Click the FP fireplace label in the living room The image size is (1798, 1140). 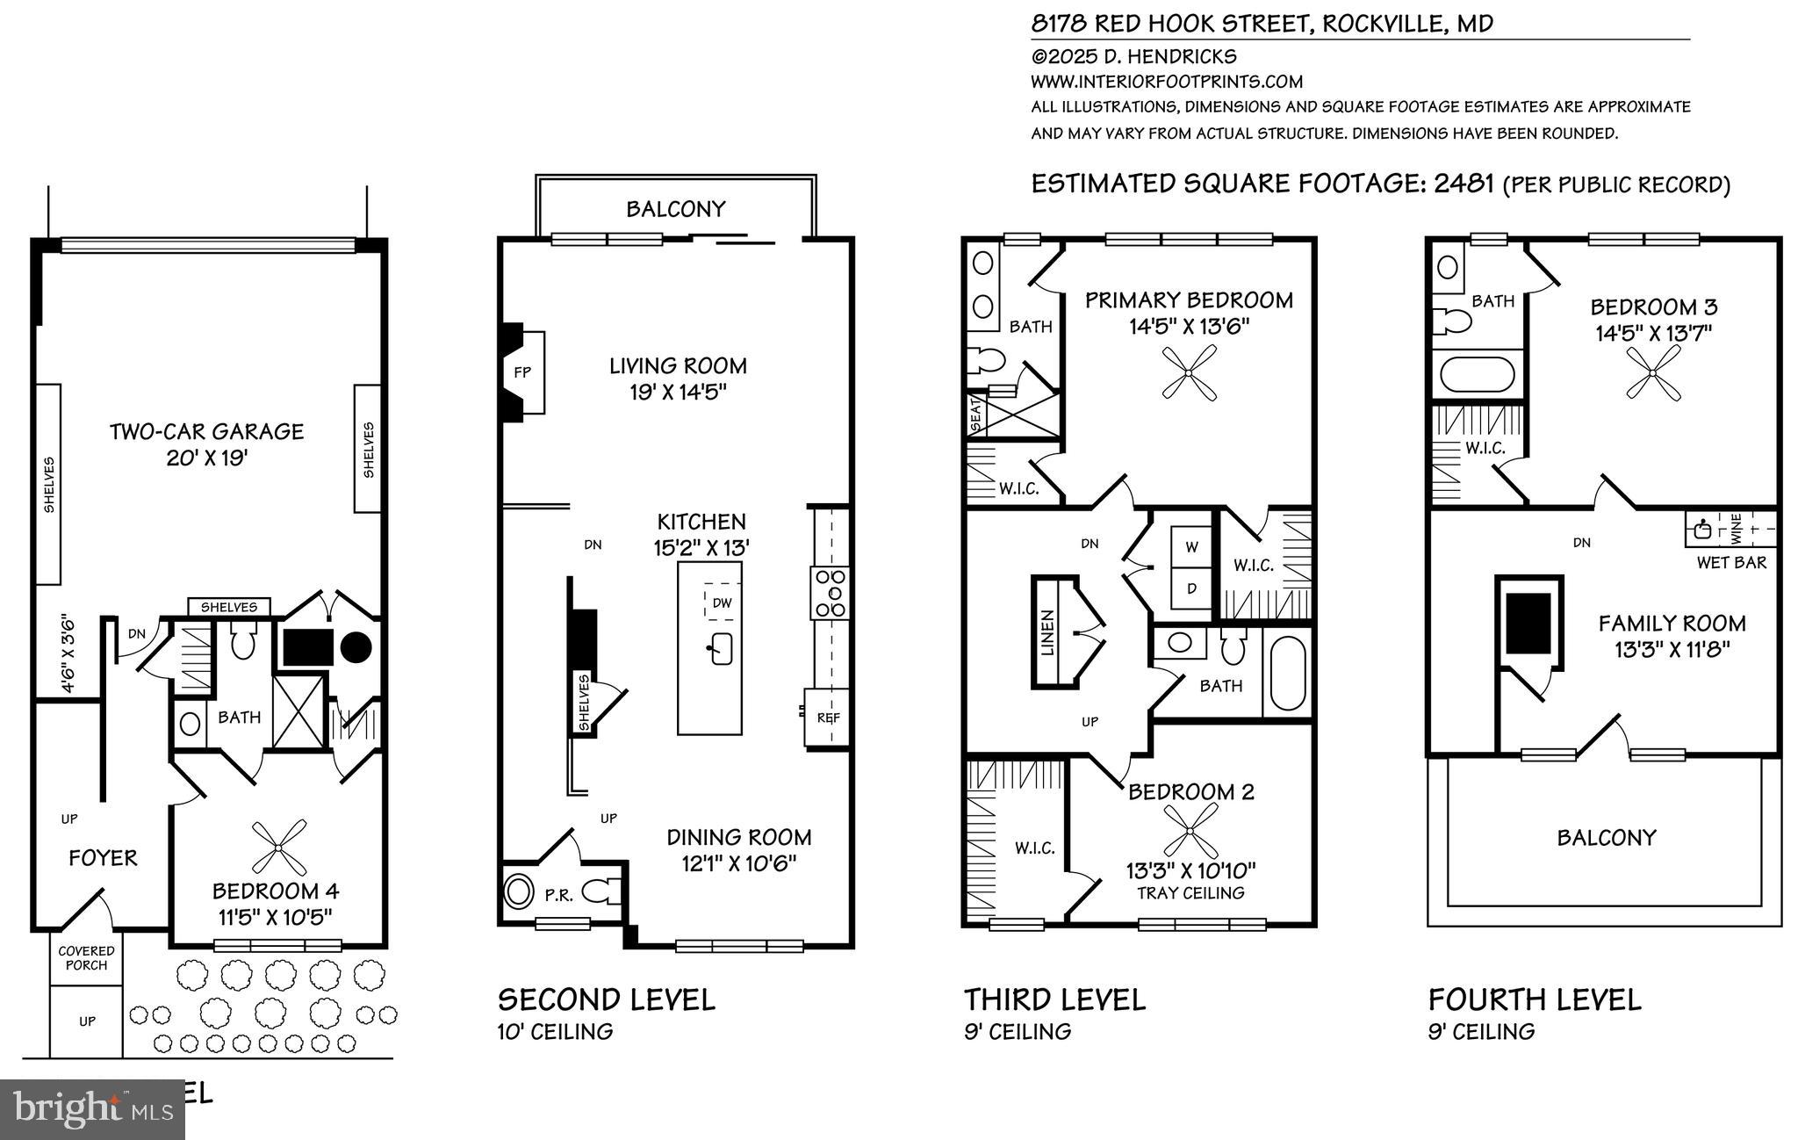pyautogui.click(x=522, y=372)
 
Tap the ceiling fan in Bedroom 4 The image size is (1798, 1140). pyautogui.click(x=278, y=847)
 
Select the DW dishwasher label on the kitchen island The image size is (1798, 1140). pyautogui.click(x=722, y=602)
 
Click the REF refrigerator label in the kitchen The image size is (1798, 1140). pyautogui.click(x=828, y=718)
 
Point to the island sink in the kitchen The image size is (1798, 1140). pyautogui.click(x=721, y=649)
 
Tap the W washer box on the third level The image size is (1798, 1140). pyautogui.click(x=1191, y=547)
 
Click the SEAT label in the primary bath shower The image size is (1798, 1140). pyautogui.click(x=975, y=415)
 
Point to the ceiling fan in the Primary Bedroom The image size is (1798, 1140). pyautogui.click(x=1189, y=372)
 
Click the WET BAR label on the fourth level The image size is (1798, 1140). pyautogui.click(x=1731, y=562)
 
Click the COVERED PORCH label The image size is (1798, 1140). pyautogui.click(x=86, y=957)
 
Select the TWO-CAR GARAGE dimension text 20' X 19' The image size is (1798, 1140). pyautogui.click(x=206, y=458)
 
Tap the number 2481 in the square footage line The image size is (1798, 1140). pyautogui.click(x=1464, y=184)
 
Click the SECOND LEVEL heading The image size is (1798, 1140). pyautogui.click(x=606, y=999)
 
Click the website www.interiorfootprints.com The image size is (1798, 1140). pyautogui.click(x=1166, y=82)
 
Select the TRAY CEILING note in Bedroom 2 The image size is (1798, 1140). pyautogui.click(x=1190, y=893)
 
